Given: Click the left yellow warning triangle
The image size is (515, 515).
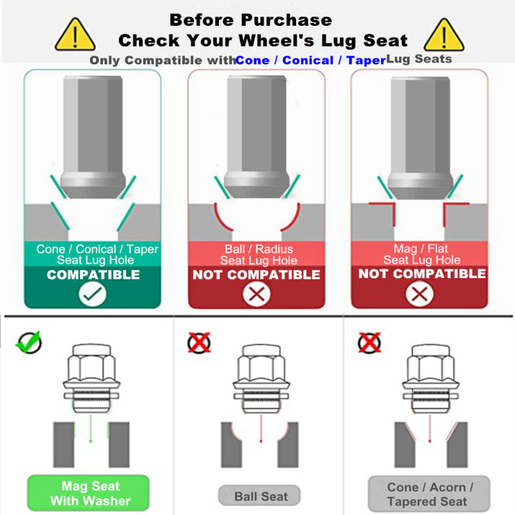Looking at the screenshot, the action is (75, 35).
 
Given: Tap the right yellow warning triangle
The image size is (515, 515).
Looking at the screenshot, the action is (444, 35).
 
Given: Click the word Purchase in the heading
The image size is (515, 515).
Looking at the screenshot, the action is (286, 20).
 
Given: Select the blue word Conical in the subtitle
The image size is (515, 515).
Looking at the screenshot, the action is (308, 60).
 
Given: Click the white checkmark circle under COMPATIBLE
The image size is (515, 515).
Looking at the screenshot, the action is (93, 294).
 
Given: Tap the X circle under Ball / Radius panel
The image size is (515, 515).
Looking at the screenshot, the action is (256, 294).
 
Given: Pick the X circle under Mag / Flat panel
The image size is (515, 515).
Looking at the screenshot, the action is (420, 294).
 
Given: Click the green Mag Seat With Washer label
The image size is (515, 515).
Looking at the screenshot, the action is (88, 493).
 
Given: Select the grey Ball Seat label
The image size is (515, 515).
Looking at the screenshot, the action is (259, 496).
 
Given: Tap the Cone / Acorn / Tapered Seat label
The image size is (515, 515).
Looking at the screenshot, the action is (429, 494).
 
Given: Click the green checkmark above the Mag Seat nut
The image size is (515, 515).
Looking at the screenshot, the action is (29, 342).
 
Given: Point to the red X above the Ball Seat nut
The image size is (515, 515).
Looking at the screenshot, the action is (199, 342).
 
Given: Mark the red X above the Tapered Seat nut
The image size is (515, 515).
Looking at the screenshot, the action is (370, 342).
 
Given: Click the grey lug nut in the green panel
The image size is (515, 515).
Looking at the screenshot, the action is (93, 136).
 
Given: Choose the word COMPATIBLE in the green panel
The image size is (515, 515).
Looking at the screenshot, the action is (93, 275).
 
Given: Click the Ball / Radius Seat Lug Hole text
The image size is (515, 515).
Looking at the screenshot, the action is (259, 254).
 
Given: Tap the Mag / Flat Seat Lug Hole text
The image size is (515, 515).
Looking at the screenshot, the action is (422, 254).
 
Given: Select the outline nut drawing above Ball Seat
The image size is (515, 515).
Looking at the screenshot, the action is (261, 379).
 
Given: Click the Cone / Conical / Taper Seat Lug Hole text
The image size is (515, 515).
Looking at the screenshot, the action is (97, 254).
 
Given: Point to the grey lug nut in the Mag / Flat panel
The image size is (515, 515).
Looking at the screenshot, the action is (420, 137).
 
